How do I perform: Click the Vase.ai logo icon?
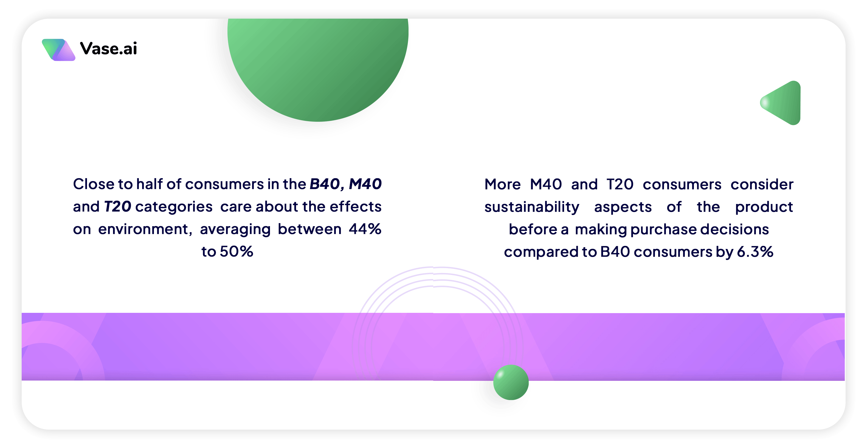[x=58, y=50]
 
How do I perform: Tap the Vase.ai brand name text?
[x=108, y=49]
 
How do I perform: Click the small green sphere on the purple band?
[x=511, y=382]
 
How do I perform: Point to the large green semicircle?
[x=318, y=67]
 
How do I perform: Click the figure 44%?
[x=365, y=229]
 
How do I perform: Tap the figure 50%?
[x=236, y=252]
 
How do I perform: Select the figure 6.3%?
[x=755, y=252]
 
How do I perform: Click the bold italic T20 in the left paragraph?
[x=117, y=206]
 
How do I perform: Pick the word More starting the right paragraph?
[x=502, y=184]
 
